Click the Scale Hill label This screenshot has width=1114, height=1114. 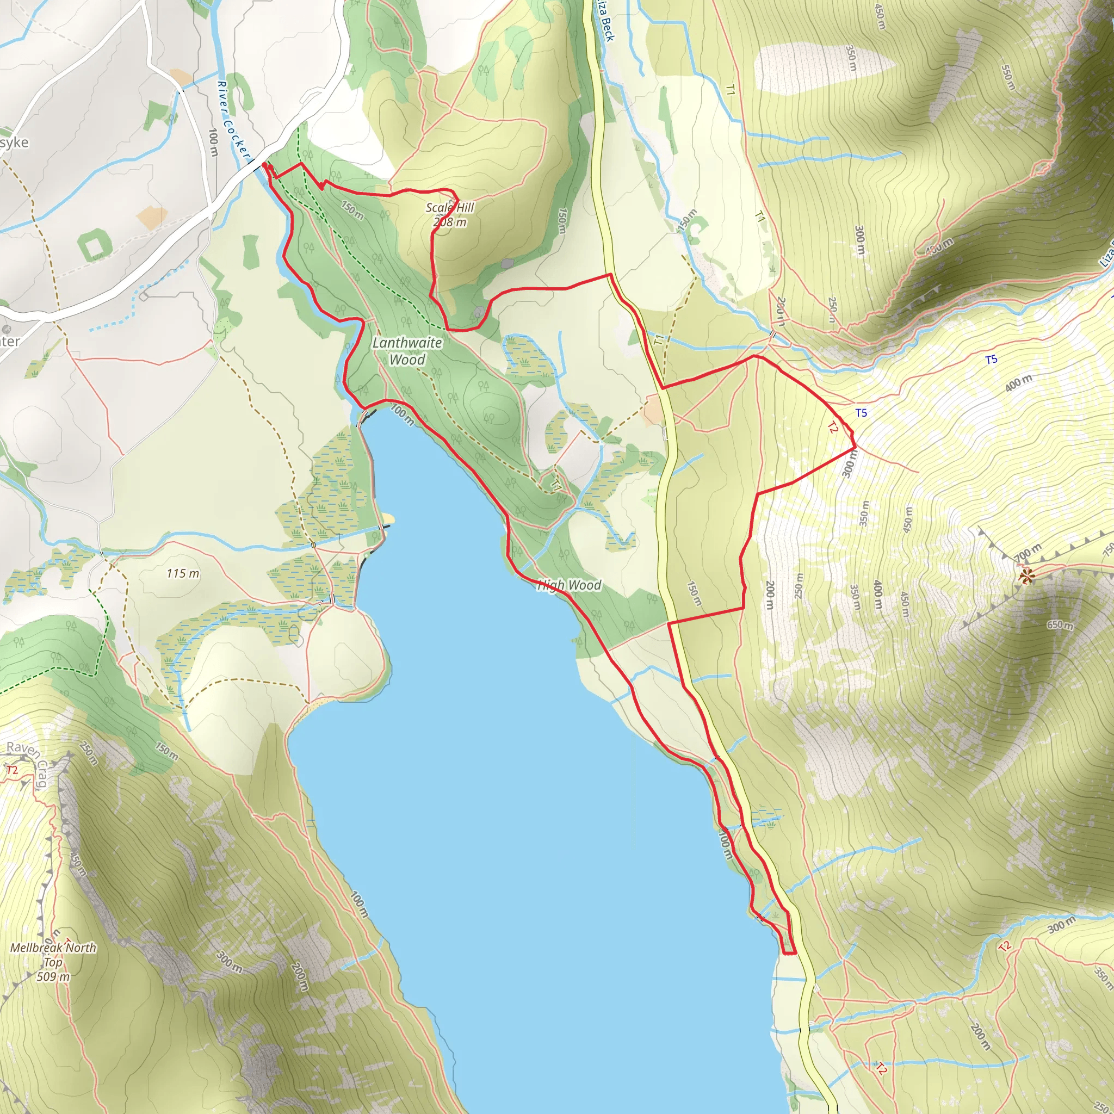pos(450,208)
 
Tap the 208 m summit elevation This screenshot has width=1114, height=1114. pos(450,222)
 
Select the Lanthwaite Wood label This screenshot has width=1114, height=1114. pos(407,351)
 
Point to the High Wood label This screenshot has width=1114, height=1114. pos(569,585)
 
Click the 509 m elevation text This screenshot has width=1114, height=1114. pos(53,976)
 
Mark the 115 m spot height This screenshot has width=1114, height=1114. pos(183,573)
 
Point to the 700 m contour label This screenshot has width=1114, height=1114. pos(1029,553)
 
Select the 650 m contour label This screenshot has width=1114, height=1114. pos(1060,625)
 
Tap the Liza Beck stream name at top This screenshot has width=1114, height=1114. pos(605,22)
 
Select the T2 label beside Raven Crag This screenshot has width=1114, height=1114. pos(11,770)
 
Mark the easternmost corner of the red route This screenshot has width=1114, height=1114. pos(855,447)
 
